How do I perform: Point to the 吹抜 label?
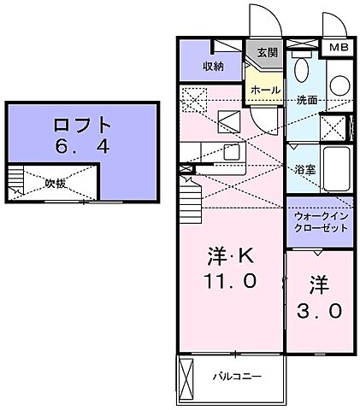pyautogui.click(x=56, y=183)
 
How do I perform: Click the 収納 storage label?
pyautogui.click(x=213, y=66)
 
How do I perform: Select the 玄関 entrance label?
pyautogui.click(x=267, y=52)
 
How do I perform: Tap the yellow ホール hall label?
pyautogui.click(x=263, y=89)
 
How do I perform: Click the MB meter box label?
pyautogui.click(x=339, y=48)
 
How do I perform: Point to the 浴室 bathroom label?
pyautogui.click(x=304, y=169)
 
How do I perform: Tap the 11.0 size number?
pyautogui.click(x=231, y=280)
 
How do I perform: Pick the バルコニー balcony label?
pyautogui.click(x=237, y=377)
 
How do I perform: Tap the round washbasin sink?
pyautogui.click(x=339, y=85)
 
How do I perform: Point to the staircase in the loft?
pyautogui.click(x=15, y=179)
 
